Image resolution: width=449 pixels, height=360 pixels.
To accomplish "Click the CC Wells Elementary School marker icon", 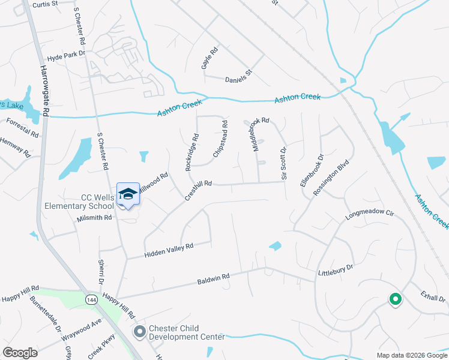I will pos(128,194).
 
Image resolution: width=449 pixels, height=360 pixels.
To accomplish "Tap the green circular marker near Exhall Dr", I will pos(395,298).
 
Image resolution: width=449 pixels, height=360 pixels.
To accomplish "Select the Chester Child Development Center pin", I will pos(140,331).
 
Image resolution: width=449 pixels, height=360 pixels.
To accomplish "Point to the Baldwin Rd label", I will pos(213,279).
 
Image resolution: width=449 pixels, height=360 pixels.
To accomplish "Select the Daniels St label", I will pos(239,79).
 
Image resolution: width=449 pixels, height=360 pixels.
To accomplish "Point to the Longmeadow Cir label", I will pos(369,213).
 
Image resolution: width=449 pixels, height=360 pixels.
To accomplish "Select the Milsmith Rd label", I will pos(95,218).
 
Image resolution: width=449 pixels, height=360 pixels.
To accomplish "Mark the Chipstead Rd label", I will pos(220,140).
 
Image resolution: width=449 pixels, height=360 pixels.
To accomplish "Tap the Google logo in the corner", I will pos(20,353).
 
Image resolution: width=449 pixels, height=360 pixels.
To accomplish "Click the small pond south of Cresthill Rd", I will pos(275,246).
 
